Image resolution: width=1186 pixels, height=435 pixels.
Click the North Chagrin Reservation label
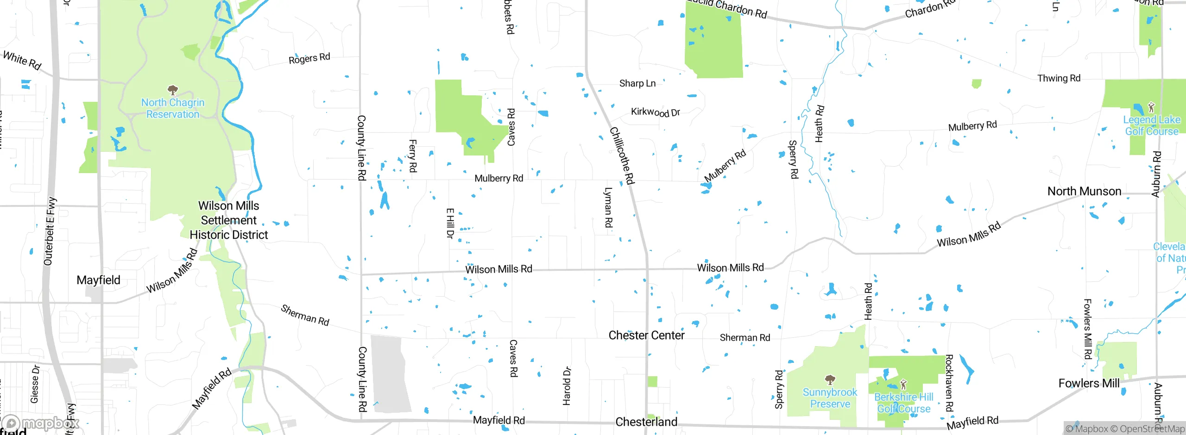pyautogui.click(x=173, y=108)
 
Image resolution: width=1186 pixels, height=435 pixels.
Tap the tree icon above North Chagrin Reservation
pyautogui.click(x=173, y=89)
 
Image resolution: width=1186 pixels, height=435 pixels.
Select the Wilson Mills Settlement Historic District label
pyautogui.click(x=229, y=220)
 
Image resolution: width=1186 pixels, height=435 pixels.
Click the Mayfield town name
pyautogui.click(x=98, y=280)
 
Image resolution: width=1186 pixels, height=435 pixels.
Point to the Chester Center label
pyautogui.click(x=646, y=335)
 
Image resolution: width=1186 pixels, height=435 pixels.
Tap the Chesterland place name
pyautogui.click(x=646, y=422)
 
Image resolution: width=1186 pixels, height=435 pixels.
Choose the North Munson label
pyautogui.click(x=1084, y=191)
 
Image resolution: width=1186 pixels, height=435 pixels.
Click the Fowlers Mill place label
pyautogui.click(x=1089, y=383)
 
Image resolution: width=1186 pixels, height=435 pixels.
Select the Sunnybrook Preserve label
pyautogui.click(x=830, y=398)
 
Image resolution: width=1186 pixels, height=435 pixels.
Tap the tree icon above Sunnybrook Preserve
pyautogui.click(x=830, y=380)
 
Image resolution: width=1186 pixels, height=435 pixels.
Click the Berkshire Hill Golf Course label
pyautogui.click(x=903, y=403)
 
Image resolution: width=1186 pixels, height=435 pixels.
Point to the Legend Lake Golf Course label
pyautogui.click(x=1152, y=125)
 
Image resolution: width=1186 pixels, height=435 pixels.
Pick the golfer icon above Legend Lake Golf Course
pyautogui.click(x=1151, y=108)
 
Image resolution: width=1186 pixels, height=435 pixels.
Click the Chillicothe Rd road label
pyautogui.click(x=622, y=155)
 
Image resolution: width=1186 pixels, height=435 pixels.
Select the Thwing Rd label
pyautogui.click(x=1059, y=78)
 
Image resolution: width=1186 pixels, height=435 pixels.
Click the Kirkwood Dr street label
pyautogui.click(x=655, y=112)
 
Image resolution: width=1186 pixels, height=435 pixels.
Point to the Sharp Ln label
pyautogui.click(x=637, y=83)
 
